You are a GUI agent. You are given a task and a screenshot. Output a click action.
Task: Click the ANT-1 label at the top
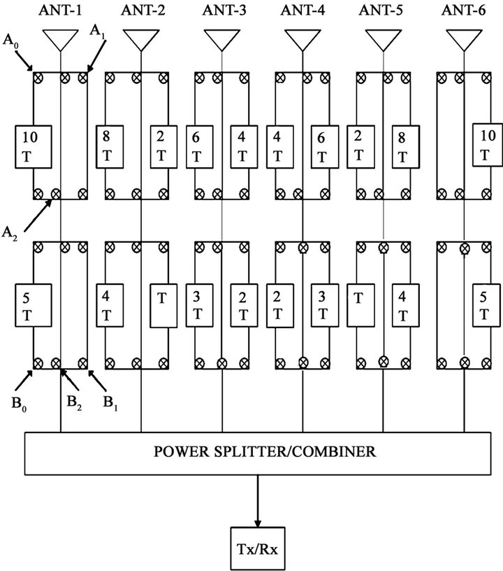[60, 10]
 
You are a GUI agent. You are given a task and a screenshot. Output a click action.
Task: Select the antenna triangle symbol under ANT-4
[302, 39]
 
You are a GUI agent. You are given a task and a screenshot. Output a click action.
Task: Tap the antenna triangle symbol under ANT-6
[464, 39]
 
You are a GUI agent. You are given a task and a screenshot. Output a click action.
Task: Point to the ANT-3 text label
[221, 10]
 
